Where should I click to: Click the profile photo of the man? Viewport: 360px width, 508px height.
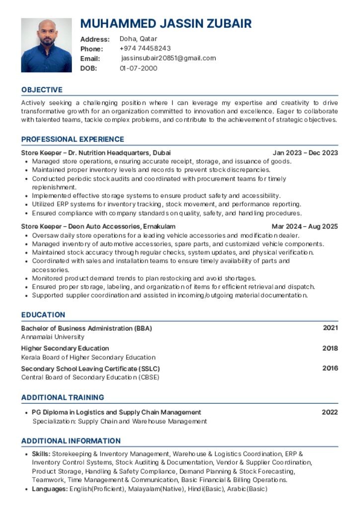[46, 45]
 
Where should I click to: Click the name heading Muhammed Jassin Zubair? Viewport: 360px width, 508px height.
[166, 23]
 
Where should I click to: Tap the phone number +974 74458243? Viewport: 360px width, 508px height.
[145, 49]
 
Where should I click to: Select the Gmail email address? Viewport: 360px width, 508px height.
[168, 59]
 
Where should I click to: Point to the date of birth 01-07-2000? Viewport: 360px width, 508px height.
[139, 68]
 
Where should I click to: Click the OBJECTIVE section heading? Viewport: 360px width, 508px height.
[42, 90]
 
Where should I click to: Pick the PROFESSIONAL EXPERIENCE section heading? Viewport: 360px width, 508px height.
[72, 139]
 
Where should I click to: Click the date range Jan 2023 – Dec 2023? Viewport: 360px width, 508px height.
[305, 153]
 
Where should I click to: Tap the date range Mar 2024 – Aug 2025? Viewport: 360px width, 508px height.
[304, 227]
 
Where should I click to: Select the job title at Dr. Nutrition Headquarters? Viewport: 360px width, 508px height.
[96, 153]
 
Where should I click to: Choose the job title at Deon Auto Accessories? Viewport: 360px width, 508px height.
[98, 227]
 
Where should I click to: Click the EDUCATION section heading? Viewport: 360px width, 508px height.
[43, 315]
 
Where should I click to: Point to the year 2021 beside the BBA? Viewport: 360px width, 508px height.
[330, 328]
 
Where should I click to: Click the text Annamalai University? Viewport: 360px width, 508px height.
[53, 337]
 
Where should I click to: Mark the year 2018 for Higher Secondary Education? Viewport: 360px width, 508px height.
[330, 348]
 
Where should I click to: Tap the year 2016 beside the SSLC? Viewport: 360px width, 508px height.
[330, 369]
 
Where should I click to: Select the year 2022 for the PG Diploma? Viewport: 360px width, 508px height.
[330, 412]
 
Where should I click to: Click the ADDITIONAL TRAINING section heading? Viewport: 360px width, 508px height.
[63, 397]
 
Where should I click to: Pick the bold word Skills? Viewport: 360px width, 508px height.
[41, 454]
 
